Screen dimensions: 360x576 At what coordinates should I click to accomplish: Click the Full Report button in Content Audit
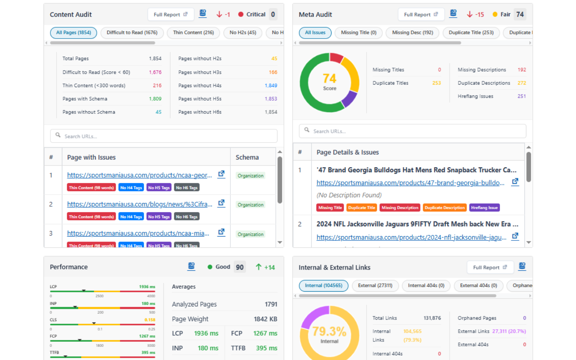click(171, 14)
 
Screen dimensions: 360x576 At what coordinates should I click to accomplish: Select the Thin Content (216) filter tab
click(193, 32)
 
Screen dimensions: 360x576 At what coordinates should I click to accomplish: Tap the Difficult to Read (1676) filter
click(132, 32)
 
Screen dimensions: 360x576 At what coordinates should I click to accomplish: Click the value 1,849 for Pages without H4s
click(271, 85)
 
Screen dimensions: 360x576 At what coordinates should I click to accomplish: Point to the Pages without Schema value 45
click(158, 112)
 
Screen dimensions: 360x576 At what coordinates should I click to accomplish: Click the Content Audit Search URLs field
click(164, 136)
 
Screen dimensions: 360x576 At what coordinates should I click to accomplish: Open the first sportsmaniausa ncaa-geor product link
click(139, 175)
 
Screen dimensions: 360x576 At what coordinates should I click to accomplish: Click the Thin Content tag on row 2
click(91, 217)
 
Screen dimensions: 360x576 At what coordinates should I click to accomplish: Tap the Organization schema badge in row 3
click(251, 234)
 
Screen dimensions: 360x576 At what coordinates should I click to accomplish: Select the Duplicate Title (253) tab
click(471, 32)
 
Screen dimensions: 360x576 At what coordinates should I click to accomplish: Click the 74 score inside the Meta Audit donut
click(329, 79)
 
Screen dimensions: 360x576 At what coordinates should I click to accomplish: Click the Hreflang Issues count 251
click(521, 96)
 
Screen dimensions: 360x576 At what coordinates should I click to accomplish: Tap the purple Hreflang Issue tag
click(484, 208)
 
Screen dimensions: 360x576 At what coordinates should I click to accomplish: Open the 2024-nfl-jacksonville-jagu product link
click(411, 238)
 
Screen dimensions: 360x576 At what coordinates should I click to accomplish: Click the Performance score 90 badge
click(240, 267)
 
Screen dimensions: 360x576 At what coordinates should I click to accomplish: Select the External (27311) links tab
click(375, 285)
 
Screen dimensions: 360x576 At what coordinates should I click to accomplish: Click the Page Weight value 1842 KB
click(265, 319)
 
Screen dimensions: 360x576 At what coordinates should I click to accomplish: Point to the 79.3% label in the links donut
click(329, 331)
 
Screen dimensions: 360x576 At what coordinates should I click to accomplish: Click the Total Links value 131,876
click(432, 318)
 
